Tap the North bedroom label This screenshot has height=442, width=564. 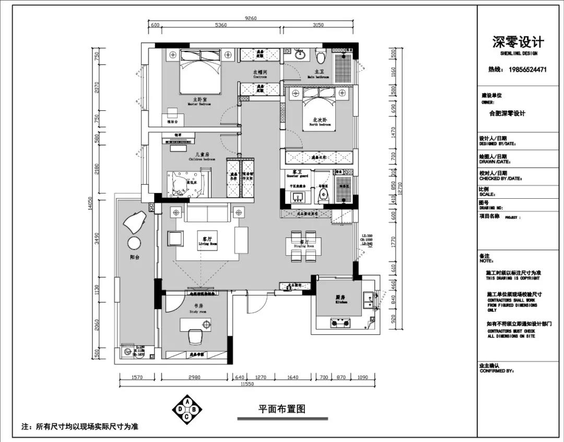(x=321, y=122)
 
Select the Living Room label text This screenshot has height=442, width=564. (x=206, y=241)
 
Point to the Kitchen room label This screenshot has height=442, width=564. (x=341, y=300)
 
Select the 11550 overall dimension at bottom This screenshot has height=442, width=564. (x=247, y=384)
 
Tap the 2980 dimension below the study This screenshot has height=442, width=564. (x=194, y=377)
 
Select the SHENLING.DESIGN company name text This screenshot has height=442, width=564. (x=518, y=53)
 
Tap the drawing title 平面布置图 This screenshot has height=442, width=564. (x=281, y=409)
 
